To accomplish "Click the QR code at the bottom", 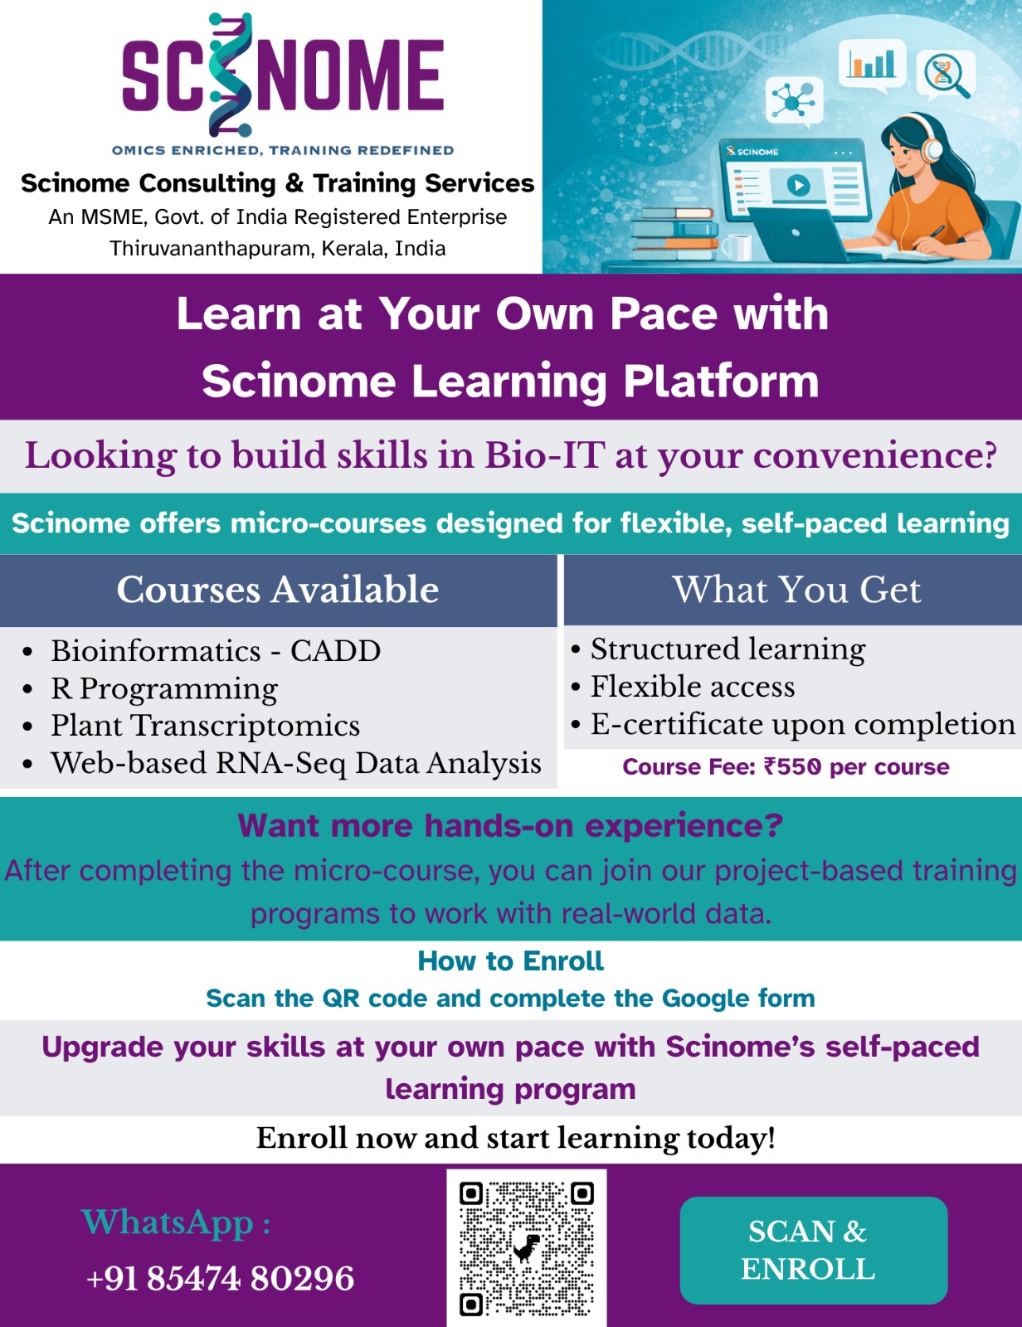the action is (x=526, y=1248).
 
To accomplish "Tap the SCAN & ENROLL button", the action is (x=813, y=1250).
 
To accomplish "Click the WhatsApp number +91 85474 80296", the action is (x=221, y=1278).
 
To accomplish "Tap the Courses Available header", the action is (x=278, y=590).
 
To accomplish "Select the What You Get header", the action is (x=796, y=590).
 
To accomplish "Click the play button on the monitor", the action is (x=798, y=184).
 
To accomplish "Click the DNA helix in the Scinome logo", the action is (x=230, y=74).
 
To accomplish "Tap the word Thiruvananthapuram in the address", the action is (x=212, y=249).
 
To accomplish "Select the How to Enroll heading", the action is (x=510, y=961).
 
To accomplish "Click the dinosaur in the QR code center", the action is (x=526, y=1247).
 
